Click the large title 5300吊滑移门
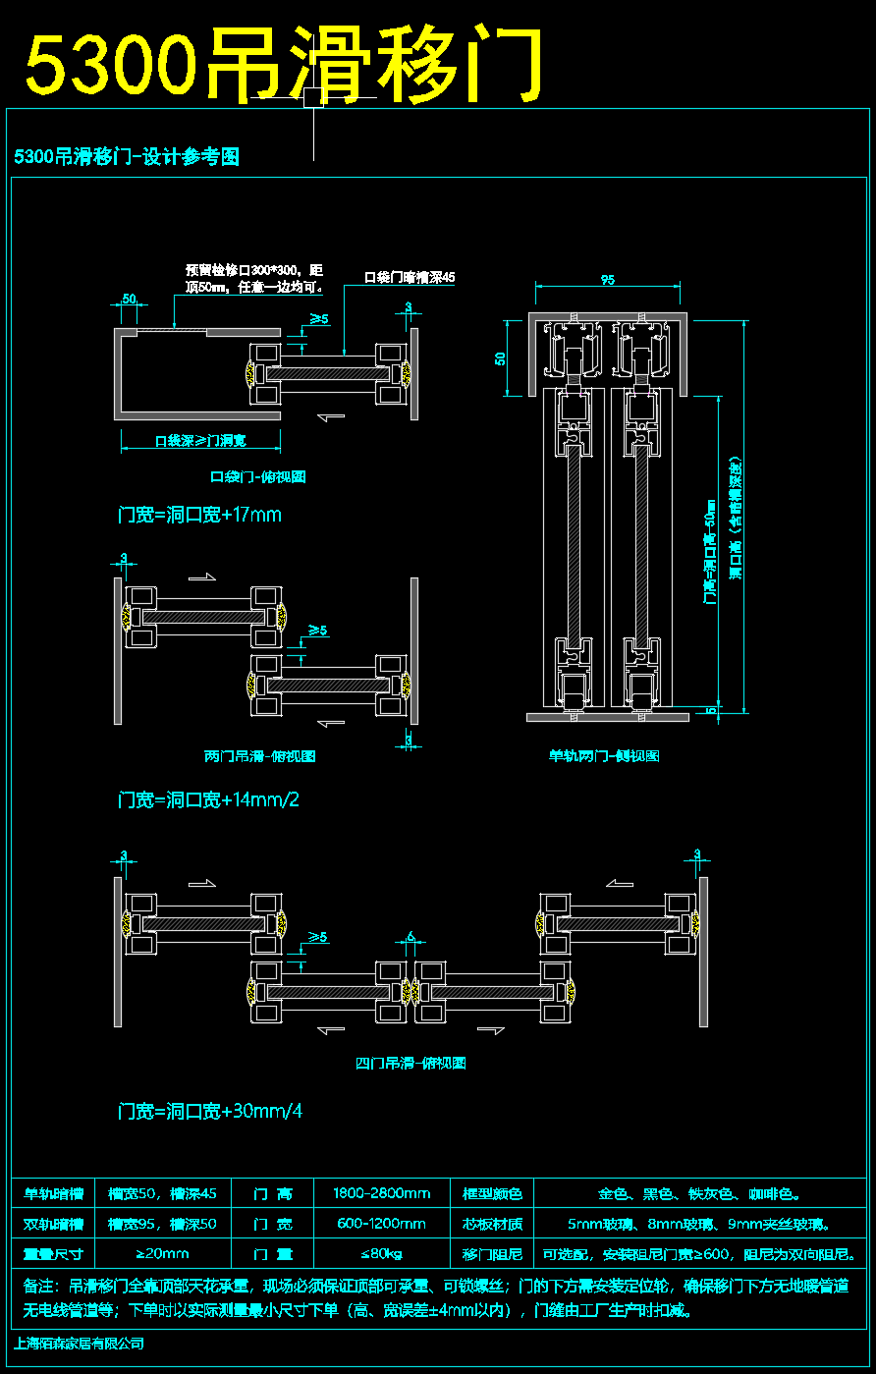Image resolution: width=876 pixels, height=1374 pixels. [x=283, y=65]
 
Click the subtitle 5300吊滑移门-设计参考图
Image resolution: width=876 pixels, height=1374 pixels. [x=128, y=156]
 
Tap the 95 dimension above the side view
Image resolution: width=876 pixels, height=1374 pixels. [x=608, y=280]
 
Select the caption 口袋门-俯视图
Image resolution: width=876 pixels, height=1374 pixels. [x=258, y=477]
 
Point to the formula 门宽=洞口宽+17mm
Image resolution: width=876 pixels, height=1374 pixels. [x=199, y=515]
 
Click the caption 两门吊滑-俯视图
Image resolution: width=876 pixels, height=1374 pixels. [x=259, y=756]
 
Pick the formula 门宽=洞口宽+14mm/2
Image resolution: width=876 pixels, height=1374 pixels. [x=208, y=799]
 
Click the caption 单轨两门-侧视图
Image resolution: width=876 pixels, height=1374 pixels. [x=604, y=756]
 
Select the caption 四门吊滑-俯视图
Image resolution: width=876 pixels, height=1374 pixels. [x=411, y=1063]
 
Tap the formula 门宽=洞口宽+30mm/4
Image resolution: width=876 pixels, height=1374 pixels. [x=210, y=1112]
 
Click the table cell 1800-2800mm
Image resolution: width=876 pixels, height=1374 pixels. [x=381, y=1194]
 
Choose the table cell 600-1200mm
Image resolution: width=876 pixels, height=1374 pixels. [x=381, y=1224]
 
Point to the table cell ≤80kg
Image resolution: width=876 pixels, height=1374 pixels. [x=381, y=1253]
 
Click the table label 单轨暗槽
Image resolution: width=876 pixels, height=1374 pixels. [x=53, y=1194]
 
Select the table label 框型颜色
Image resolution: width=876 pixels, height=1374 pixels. [x=492, y=1194]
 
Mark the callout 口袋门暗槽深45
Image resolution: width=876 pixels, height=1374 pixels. [x=410, y=278]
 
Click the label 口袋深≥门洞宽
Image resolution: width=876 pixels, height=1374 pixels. [x=200, y=441]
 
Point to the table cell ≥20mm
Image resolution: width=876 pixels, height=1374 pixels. [x=162, y=1253]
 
